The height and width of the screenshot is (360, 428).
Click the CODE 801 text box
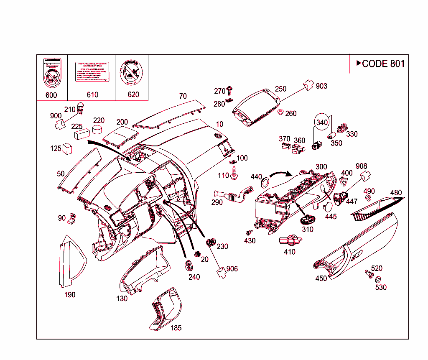pos(379,64)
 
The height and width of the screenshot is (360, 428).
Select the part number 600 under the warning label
pos(51,95)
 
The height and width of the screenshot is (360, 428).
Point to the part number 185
pos(176,328)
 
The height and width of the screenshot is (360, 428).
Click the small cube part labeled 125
pos(67,148)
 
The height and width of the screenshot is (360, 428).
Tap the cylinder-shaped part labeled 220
pos(98,128)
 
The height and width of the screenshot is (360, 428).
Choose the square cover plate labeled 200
pos(121,137)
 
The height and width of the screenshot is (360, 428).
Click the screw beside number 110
pos(234,173)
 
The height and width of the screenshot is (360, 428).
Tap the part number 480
pos(396,193)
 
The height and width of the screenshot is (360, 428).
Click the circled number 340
pos(322,123)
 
